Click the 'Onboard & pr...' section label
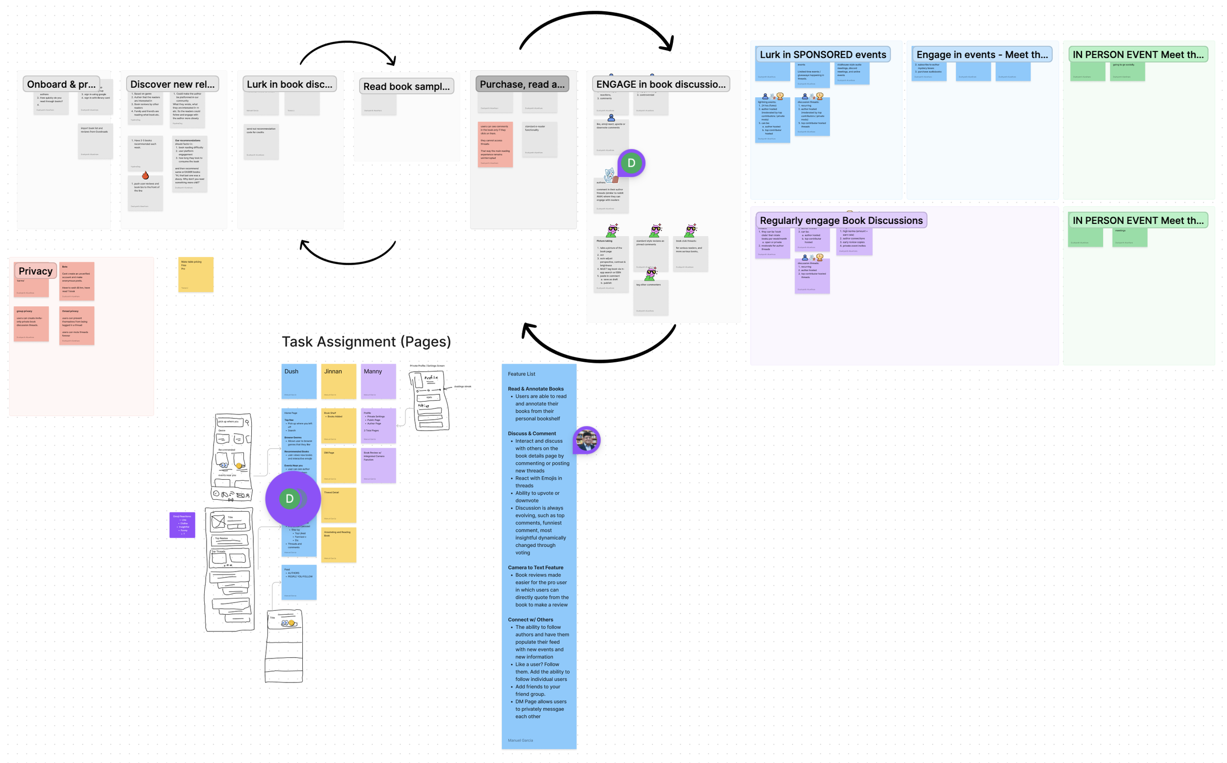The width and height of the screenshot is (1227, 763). point(61,84)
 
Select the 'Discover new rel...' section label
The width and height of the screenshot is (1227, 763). point(172,84)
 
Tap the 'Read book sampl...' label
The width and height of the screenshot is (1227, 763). point(406,86)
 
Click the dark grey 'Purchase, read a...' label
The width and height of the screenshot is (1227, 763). point(522,84)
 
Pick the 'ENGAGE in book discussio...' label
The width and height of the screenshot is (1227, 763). point(661,84)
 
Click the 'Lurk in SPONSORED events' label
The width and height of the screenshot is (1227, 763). point(823,54)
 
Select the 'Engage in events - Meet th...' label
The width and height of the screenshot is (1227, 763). point(982,54)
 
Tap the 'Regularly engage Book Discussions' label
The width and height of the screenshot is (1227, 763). point(841,220)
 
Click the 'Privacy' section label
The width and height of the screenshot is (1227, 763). point(35,271)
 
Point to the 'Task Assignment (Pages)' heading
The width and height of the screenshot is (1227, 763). point(366,342)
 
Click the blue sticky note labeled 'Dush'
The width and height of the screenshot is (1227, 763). point(299,381)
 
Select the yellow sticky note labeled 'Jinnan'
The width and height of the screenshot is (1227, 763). point(338,381)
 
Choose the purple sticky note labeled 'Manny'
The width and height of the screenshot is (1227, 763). point(378,381)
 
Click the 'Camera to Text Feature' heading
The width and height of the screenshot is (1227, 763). point(535,568)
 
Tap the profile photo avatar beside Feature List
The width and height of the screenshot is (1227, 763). point(587,440)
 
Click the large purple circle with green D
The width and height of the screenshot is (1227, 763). point(293,498)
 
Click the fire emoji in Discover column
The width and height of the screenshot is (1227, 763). point(145,175)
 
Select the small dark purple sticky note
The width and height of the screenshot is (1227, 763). point(182,524)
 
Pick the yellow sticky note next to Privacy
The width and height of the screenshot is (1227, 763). point(196,274)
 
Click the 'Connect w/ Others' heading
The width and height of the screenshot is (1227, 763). point(530,620)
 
